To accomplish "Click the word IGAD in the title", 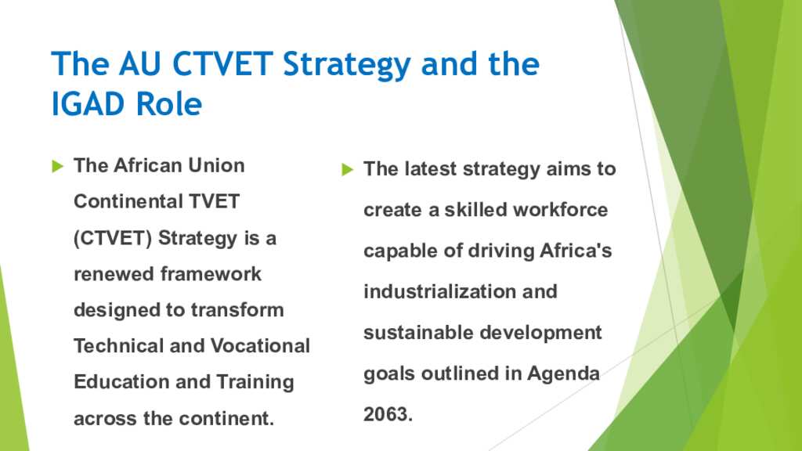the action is [89, 104].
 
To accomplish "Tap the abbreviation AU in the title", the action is [140, 64].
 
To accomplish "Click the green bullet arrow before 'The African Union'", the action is [58, 166].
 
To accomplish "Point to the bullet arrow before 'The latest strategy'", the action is [347, 169].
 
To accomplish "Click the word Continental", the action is [128, 201].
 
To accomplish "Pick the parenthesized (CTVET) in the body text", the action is [113, 238].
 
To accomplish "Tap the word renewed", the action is [114, 274].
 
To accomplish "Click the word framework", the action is [211, 274].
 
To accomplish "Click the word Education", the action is [121, 381].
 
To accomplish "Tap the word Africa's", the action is [576, 251].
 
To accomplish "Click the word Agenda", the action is [563, 374].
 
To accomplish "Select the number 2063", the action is [388, 414].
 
